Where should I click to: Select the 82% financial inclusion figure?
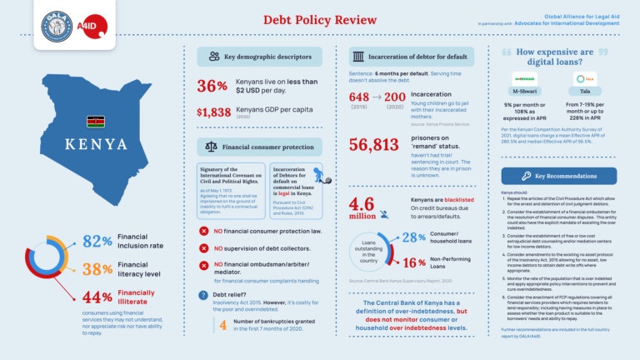pyautogui.click(x=97, y=241)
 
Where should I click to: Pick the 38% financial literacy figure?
pyautogui.click(x=97, y=268)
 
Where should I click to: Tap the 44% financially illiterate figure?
pyautogui.click(x=97, y=297)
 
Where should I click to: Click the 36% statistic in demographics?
pyautogui.click(x=212, y=85)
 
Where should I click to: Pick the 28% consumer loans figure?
pyautogui.click(x=414, y=238)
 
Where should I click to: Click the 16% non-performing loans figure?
pyautogui.click(x=414, y=262)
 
